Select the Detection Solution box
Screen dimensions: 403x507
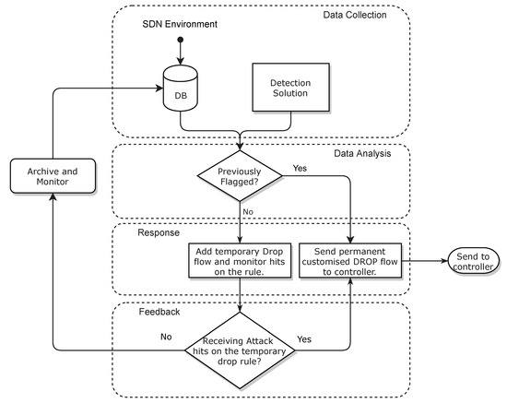290,88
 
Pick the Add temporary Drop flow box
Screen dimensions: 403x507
240,261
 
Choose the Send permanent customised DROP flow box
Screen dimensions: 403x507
351,261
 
